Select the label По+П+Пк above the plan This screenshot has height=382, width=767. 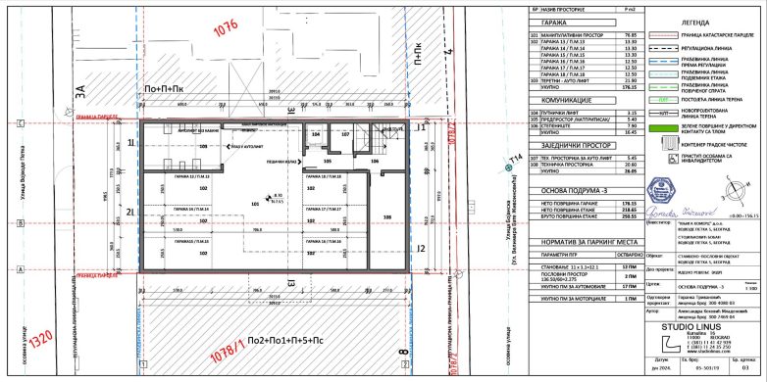[164, 88]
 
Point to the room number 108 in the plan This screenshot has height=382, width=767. [386, 216]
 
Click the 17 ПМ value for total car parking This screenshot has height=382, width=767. [631, 287]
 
